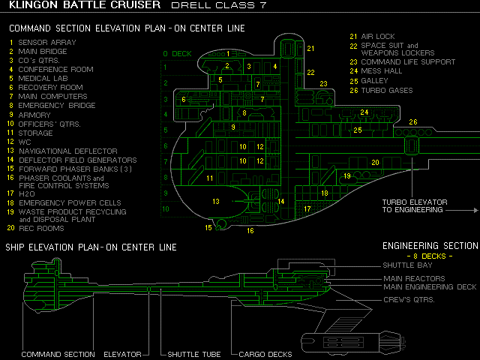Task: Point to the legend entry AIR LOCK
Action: pos(378,36)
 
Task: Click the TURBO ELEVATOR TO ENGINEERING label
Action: pos(415,206)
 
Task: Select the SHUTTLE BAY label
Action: pos(408,265)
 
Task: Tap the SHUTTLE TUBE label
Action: pos(194,354)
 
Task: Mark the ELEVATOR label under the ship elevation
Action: pos(127,354)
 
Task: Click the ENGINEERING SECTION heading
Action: pos(430,246)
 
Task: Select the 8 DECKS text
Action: pos(430,256)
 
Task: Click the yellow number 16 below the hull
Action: pos(250,231)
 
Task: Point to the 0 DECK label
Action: pos(177,54)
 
